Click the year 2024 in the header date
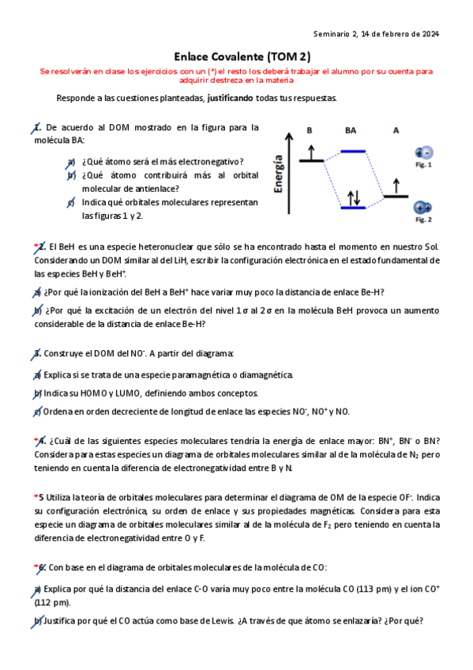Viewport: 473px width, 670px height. coord(430,33)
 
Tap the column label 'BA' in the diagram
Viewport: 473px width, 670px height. coord(351,130)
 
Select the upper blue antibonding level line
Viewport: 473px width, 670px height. coord(352,151)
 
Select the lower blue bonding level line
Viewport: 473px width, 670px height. coord(353,208)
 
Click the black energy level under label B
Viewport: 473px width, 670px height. coord(311,160)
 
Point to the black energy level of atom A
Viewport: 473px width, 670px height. coord(395,196)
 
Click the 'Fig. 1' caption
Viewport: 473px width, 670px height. coord(424,165)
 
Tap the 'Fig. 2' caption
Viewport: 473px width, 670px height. coord(424,220)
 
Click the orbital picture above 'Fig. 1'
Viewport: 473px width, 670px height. coord(424,153)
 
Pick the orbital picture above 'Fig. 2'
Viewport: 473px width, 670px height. coord(423,208)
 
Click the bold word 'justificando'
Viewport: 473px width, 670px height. coord(235,99)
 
